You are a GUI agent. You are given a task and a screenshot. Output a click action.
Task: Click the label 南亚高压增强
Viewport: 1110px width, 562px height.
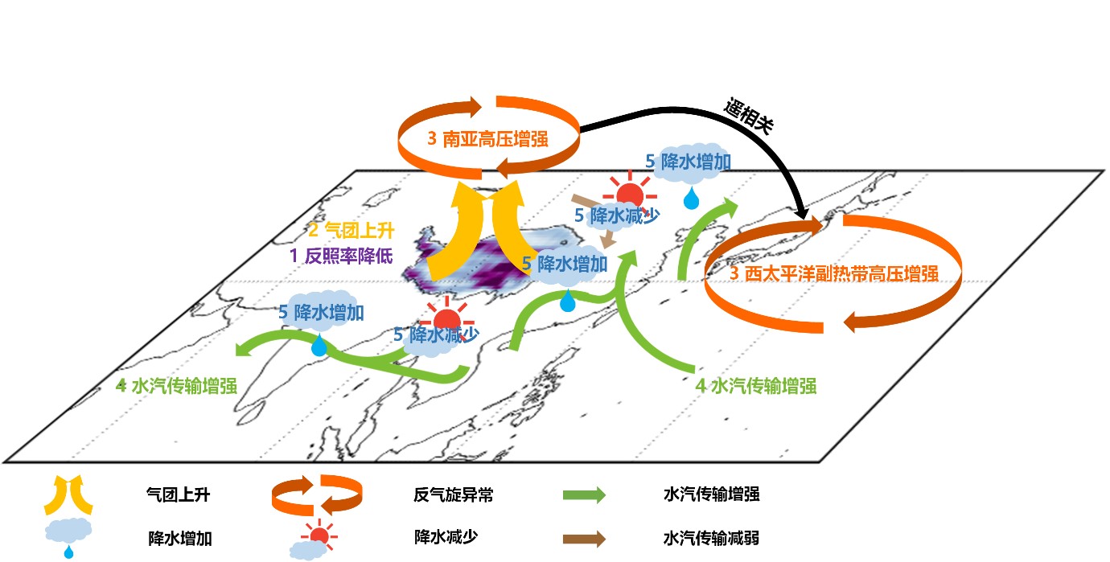pyautogui.click(x=487, y=138)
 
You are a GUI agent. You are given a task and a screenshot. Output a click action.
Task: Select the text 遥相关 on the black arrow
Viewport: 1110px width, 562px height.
pyautogui.click(x=747, y=117)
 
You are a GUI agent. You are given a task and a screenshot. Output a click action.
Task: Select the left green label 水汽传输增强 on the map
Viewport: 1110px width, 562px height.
pyautogui.click(x=176, y=385)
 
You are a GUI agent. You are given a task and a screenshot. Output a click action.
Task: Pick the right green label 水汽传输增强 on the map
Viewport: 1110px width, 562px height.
pyautogui.click(x=755, y=385)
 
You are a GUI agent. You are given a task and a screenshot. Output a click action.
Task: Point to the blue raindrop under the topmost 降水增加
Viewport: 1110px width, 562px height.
pyautogui.click(x=691, y=197)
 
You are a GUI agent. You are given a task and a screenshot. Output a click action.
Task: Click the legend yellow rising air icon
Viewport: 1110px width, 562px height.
pyautogui.click(x=68, y=494)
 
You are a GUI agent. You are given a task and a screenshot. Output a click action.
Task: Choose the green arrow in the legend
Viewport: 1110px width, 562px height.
pyautogui.click(x=583, y=495)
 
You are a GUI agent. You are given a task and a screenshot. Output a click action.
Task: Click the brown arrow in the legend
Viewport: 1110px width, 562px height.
pyautogui.click(x=583, y=538)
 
